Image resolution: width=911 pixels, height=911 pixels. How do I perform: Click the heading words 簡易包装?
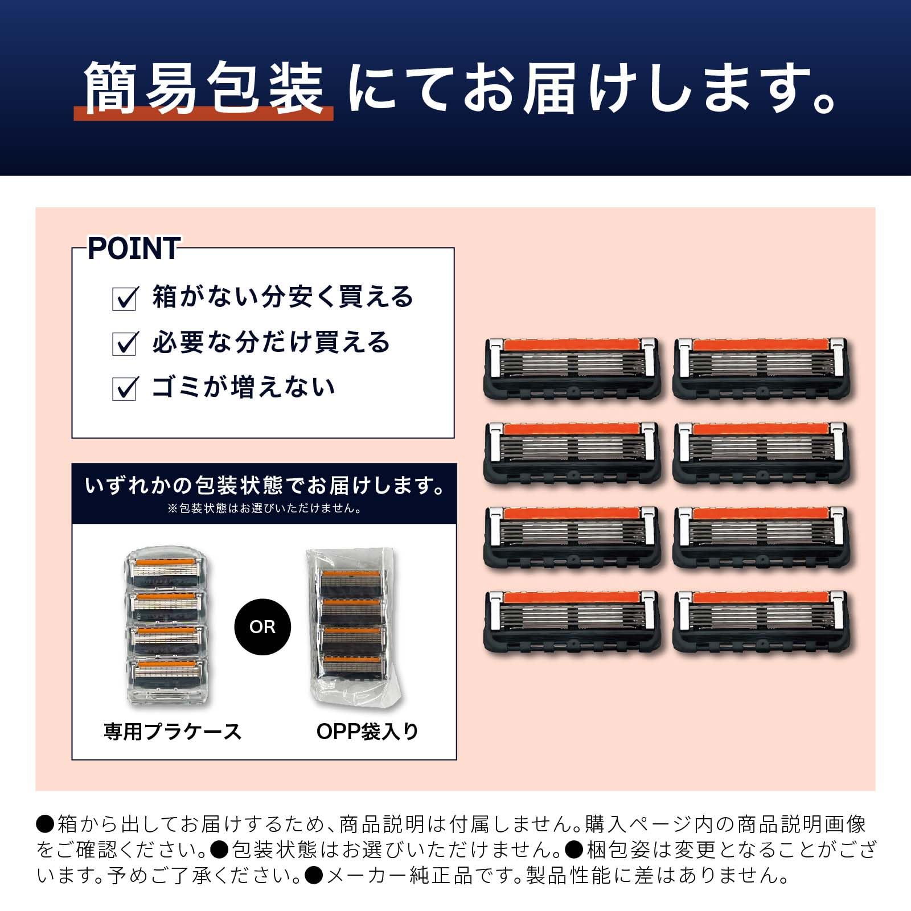[204, 88]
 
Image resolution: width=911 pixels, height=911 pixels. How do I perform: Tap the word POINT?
[134, 248]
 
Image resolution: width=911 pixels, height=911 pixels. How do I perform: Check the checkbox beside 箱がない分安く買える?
[125, 298]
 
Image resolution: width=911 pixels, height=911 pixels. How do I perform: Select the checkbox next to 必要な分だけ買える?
[125, 343]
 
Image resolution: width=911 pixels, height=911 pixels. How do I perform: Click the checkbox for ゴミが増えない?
[125, 388]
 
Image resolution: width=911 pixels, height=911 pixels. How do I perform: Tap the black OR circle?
[262, 627]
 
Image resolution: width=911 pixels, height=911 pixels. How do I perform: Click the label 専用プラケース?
[173, 732]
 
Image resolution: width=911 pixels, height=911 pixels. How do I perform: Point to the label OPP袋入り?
[367, 732]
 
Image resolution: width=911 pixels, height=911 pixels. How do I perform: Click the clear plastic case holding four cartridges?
[165, 625]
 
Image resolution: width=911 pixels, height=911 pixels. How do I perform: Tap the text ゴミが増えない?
[243, 387]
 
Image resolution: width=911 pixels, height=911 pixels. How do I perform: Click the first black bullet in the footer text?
[45, 824]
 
